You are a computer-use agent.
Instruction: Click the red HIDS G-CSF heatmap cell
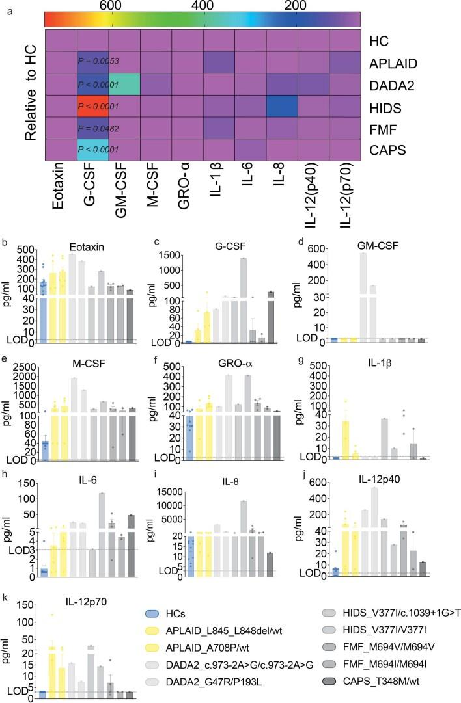[x=92, y=105]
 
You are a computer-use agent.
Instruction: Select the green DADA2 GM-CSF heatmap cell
[x=124, y=85]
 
